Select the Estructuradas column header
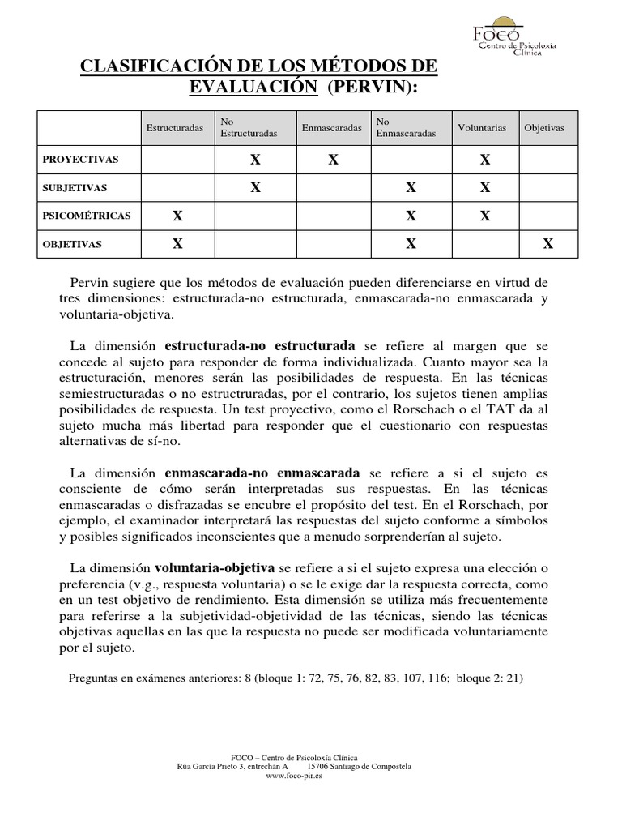coord(175,128)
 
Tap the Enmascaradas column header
coord(331,128)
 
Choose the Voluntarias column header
coord(482,128)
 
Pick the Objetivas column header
coord(544,128)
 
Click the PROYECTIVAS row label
coord(80,160)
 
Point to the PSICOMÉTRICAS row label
coord(87,216)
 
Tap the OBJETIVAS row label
coord(73,243)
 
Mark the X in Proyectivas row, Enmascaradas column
coord(333,160)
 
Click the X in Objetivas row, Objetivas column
coord(548,243)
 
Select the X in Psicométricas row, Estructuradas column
coord(177,216)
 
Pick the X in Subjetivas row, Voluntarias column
coord(484,188)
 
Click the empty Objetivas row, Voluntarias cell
coord(484,243)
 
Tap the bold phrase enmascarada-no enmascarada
coord(263,473)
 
